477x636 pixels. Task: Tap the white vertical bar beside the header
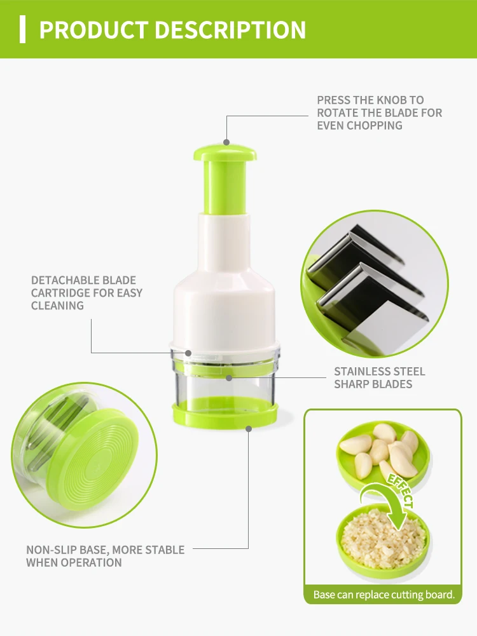click(23, 29)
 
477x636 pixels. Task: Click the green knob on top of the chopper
click(225, 152)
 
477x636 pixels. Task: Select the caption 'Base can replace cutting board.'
click(384, 595)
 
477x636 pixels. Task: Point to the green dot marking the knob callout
click(225, 143)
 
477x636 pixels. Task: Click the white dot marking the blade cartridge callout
click(188, 353)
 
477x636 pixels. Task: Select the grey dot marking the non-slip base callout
click(249, 428)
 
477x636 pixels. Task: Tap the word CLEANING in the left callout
click(57, 306)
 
